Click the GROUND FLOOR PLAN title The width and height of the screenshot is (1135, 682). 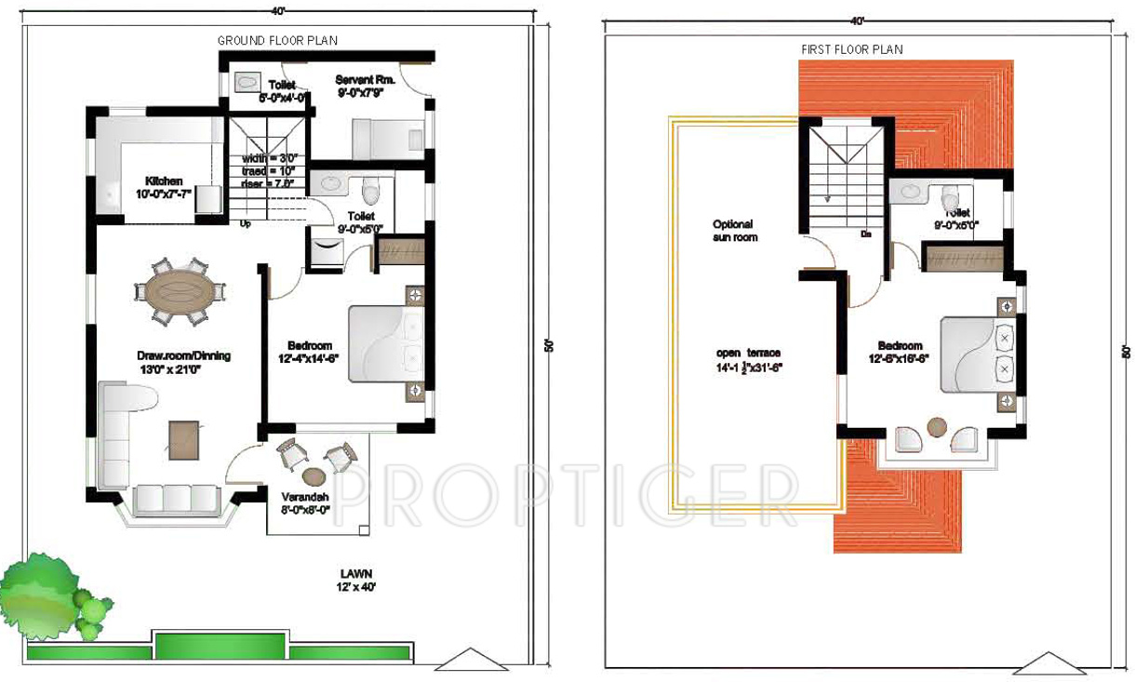coord(277,40)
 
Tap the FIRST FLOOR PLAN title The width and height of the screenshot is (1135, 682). coord(851,49)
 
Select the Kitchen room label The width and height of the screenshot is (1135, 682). coord(163,187)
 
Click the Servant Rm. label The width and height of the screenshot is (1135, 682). coord(366,87)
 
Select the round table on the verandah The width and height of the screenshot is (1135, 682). coord(314,475)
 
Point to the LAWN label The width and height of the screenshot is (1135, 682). coord(355,581)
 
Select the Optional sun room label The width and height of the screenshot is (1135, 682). coord(735,231)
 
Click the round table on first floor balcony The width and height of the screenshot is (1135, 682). coord(937,427)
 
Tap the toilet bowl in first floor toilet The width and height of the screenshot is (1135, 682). coord(951,199)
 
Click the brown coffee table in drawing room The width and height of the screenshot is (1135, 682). coord(183,438)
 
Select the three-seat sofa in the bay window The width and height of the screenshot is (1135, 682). coord(176,499)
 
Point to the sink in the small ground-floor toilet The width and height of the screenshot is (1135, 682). coord(247,83)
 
